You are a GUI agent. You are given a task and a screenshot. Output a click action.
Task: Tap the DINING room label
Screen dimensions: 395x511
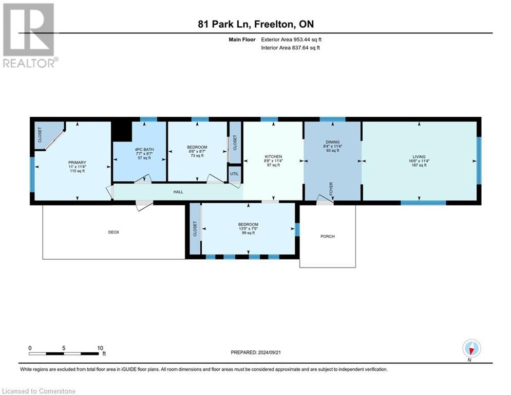[333, 142]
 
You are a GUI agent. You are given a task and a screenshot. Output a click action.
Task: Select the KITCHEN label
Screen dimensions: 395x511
[273, 156]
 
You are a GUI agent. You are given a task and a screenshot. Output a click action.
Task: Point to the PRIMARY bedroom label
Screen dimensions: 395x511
[77, 163]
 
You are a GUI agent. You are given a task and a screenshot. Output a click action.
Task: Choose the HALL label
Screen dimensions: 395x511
[178, 192]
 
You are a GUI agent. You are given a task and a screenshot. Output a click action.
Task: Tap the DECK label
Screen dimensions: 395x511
[113, 232]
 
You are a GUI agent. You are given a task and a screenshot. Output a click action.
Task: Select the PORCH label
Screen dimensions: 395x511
[327, 236]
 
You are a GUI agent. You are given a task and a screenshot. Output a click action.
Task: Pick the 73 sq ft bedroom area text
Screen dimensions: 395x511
[197, 156]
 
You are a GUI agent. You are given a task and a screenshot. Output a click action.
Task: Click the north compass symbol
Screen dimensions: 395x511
[471, 348]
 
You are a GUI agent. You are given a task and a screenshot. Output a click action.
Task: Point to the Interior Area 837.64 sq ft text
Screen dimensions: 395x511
[291, 48]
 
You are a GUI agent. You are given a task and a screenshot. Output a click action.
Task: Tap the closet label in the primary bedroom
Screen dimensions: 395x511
[40, 135]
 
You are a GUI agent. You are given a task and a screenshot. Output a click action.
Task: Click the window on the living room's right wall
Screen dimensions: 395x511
[479, 160]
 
